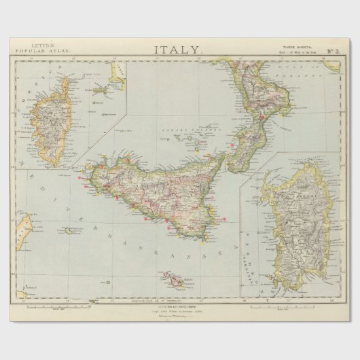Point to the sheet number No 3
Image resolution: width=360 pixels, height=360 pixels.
tap(334, 50)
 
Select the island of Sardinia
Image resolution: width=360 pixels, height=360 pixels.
tap(295, 224)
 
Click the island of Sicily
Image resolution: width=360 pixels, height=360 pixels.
tap(156, 194)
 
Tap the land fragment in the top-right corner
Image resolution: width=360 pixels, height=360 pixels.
tap(332, 66)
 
